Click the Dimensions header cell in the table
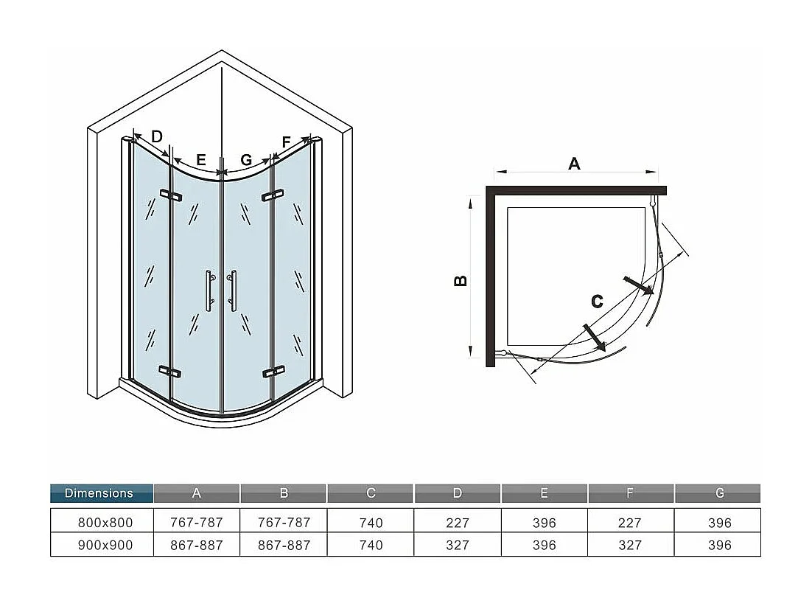[101, 493]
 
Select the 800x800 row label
[105, 522]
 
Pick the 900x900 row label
[105, 545]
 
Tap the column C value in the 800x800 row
[371, 522]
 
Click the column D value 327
[458, 545]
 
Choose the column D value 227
[458, 522]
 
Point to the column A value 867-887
[197, 545]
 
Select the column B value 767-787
[284, 522]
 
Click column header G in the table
[718, 493]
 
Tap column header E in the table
[545, 493]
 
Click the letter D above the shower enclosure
[156, 136]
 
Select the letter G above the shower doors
[246, 159]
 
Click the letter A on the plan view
[574, 164]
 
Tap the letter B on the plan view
[459, 281]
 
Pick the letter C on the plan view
[597, 301]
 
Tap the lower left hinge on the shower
[169, 371]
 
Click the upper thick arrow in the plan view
[638, 285]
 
